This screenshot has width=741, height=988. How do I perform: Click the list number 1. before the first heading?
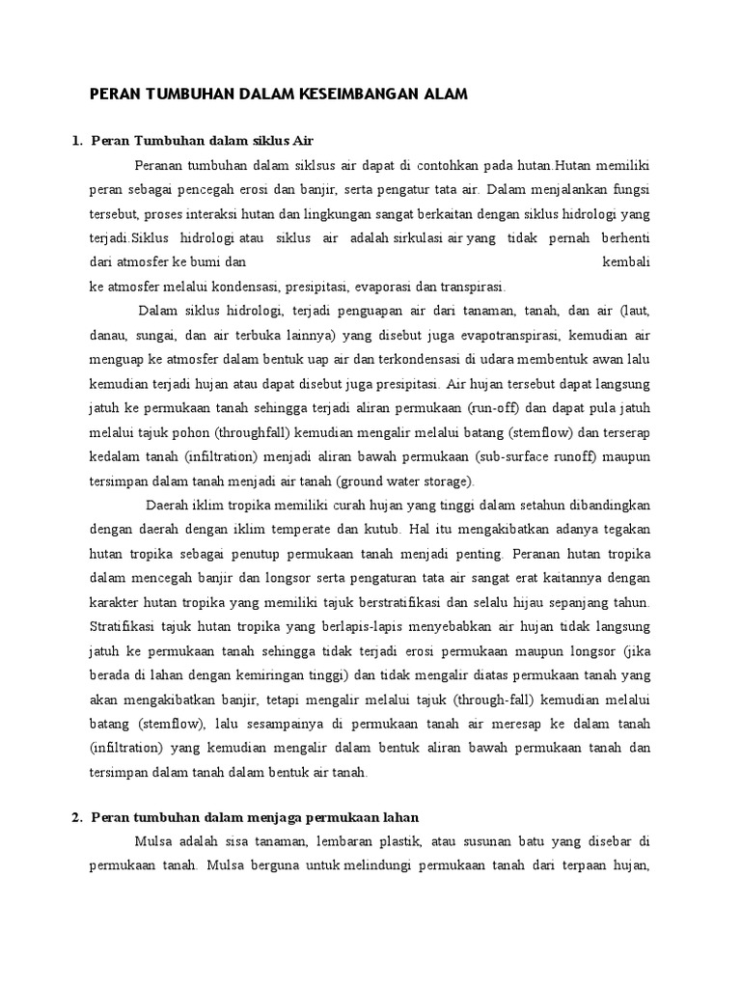(77, 143)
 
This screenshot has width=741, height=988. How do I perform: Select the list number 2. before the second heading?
(77, 818)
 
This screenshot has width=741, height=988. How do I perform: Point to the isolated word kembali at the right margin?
(626, 261)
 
